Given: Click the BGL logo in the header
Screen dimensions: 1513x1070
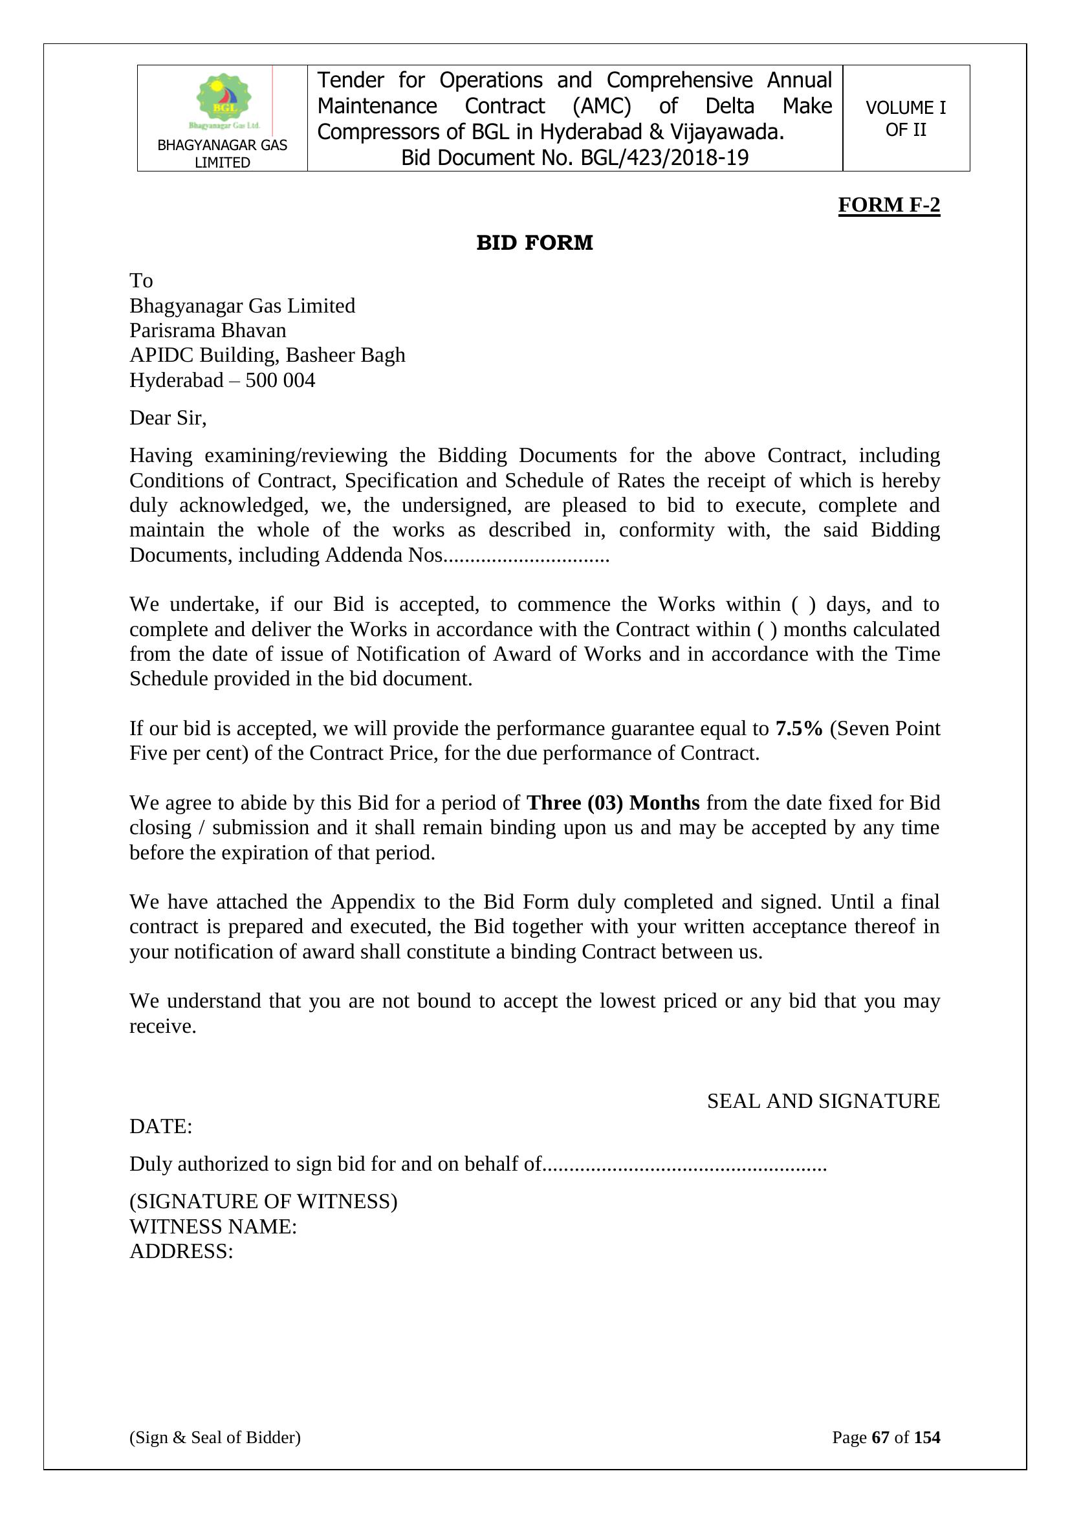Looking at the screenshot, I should (x=224, y=100).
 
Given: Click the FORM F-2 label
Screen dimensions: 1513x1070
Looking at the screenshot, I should (x=888, y=205).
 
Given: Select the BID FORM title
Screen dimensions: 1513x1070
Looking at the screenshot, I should (x=534, y=243).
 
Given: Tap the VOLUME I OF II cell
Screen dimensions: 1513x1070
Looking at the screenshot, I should (x=905, y=118).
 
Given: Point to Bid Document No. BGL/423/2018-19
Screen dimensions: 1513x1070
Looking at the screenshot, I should (x=574, y=158).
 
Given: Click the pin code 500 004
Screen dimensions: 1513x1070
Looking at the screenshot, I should (x=280, y=381).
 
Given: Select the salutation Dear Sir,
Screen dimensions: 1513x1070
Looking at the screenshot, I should (x=168, y=418).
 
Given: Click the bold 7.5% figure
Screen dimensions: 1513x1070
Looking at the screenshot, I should (x=798, y=728).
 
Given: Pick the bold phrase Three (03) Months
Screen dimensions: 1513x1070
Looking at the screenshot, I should (x=613, y=802).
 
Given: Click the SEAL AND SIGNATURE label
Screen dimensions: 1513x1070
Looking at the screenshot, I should (x=823, y=1101).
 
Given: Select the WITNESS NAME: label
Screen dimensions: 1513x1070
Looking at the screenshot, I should (x=213, y=1227).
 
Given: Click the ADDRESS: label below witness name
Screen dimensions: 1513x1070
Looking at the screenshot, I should (x=181, y=1252).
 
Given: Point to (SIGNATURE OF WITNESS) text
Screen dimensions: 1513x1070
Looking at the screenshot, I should (x=263, y=1201).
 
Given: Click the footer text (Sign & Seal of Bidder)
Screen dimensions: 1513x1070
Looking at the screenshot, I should (x=215, y=1437).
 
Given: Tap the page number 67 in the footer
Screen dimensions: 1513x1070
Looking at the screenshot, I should (x=880, y=1437).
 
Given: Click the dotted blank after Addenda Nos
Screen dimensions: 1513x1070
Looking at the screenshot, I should (x=527, y=556).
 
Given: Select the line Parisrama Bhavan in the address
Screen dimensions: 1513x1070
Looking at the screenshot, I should (x=208, y=330).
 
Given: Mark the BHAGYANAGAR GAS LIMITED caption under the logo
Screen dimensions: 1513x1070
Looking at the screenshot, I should (x=222, y=153).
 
